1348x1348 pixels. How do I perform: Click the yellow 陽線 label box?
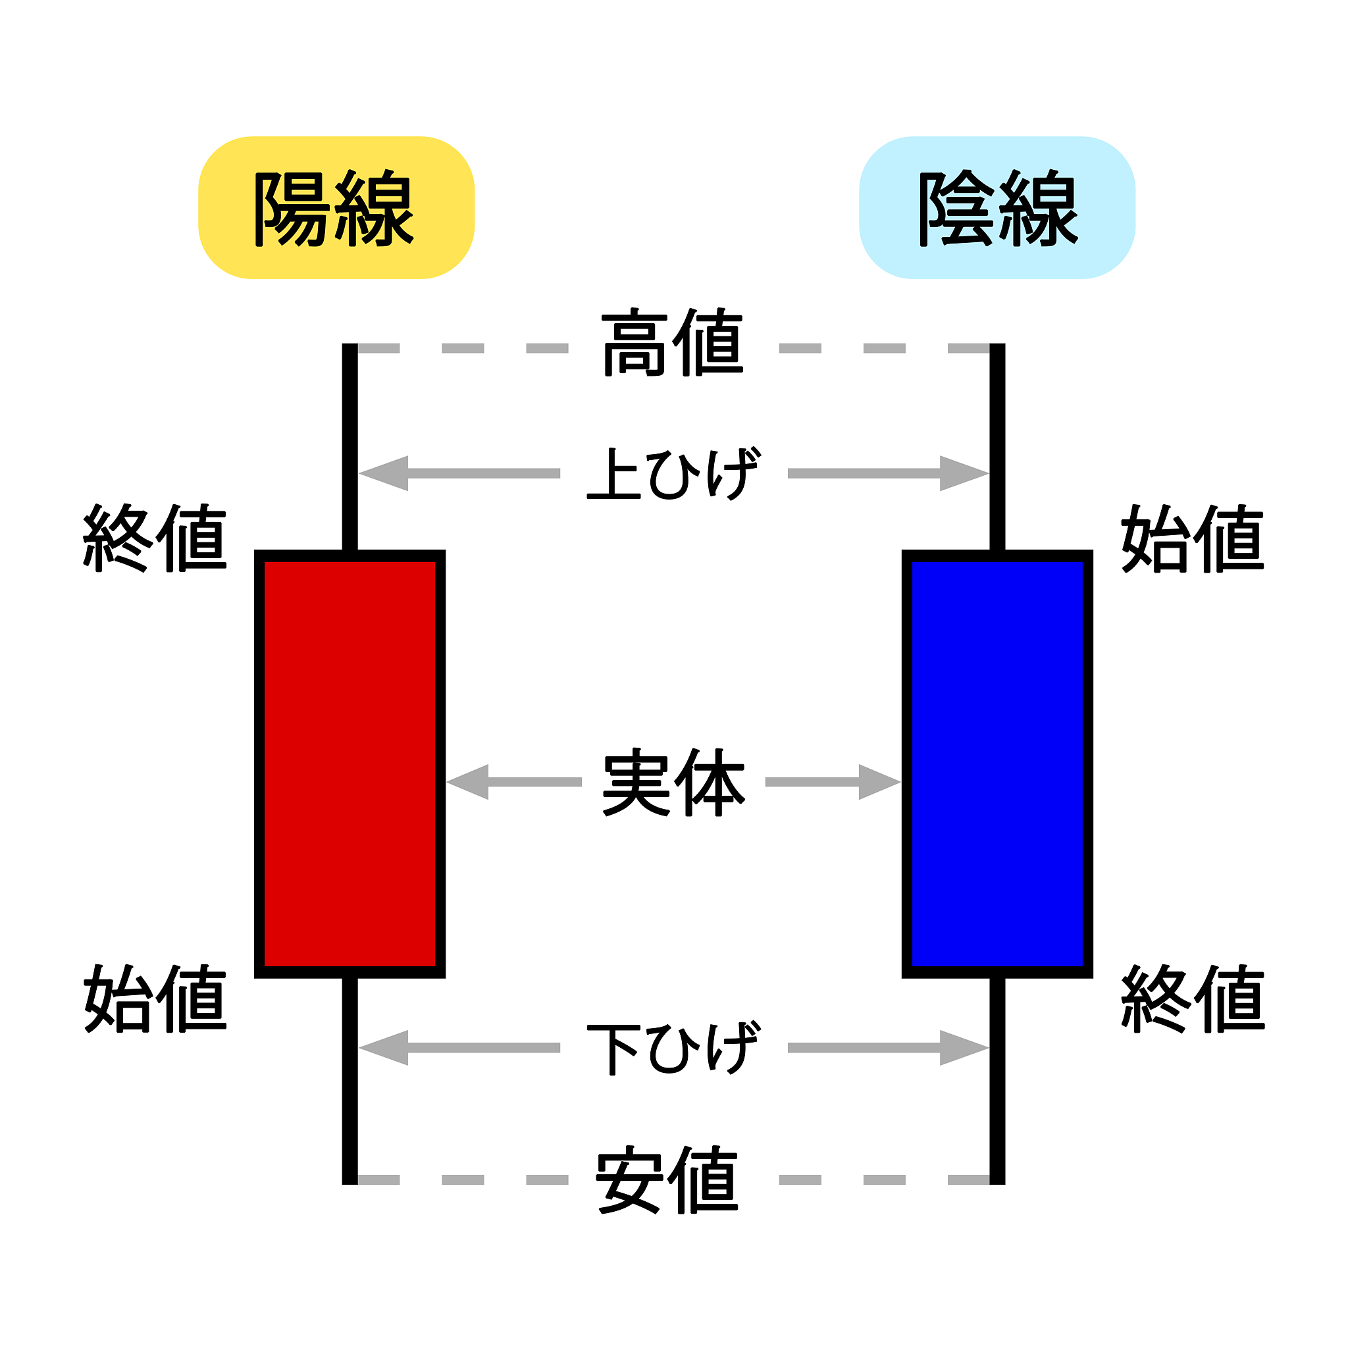coord(336,208)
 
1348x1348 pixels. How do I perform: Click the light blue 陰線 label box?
coord(997,208)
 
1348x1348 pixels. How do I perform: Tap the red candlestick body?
coord(350,764)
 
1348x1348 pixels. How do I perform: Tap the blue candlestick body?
coord(997,764)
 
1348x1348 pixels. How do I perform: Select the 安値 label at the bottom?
coord(667,1180)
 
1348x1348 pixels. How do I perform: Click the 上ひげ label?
coord(673,474)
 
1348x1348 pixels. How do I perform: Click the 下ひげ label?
coord(673,1048)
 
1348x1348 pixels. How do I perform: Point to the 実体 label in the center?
coord(674,782)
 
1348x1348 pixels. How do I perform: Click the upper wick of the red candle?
coord(350,446)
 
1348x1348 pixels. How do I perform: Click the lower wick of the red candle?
coord(350,1081)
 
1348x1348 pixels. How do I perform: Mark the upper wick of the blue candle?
coord(997,446)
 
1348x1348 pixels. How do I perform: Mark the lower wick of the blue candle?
coord(997,1081)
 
